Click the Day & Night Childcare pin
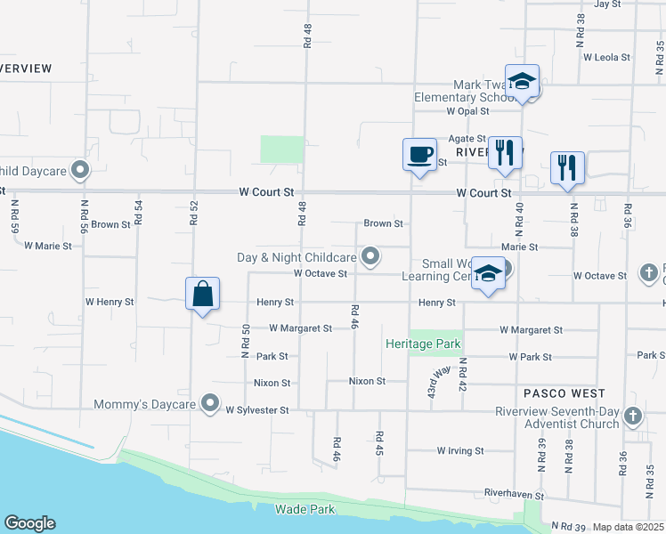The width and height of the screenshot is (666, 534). pyautogui.click(x=371, y=257)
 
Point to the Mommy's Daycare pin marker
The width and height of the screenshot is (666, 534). pyautogui.click(x=210, y=404)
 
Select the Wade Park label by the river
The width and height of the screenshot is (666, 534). pyautogui.click(x=305, y=509)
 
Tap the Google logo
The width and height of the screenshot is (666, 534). pyautogui.click(x=29, y=523)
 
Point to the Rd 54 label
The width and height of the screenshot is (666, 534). pyautogui.click(x=138, y=210)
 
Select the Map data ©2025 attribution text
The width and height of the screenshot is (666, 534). pyautogui.click(x=628, y=527)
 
